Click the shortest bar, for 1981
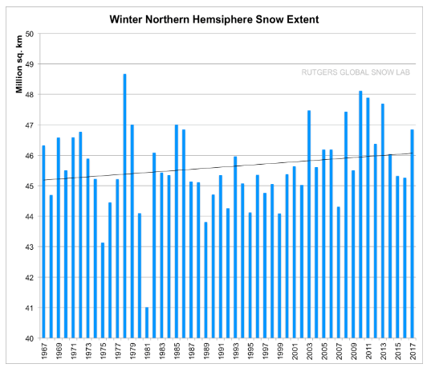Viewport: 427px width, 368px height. (x=147, y=322)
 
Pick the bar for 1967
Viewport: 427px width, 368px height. (x=43, y=241)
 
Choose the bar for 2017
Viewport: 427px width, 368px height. (x=413, y=233)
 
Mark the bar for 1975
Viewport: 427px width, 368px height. (x=103, y=289)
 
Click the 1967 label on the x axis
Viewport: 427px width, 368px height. (x=43, y=353)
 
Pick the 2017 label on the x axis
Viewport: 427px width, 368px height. (x=413, y=353)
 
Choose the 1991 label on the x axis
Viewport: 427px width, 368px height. (x=221, y=353)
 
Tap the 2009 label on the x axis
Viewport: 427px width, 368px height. (x=353, y=353)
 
